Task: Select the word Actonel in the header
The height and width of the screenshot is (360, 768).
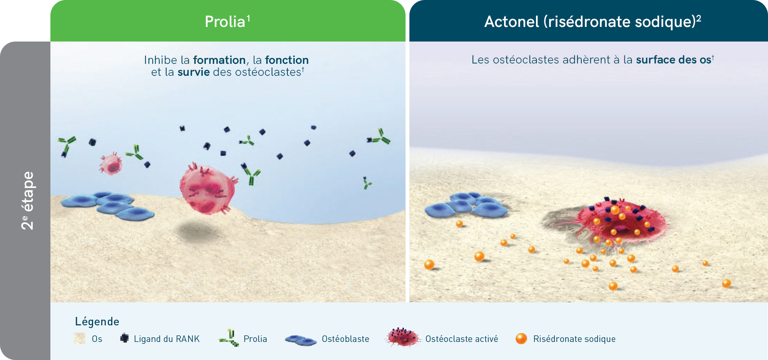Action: pyautogui.click(x=511, y=22)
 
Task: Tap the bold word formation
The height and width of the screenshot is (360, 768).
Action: pyautogui.click(x=219, y=60)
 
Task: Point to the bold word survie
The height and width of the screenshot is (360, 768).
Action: pyautogui.click(x=194, y=72)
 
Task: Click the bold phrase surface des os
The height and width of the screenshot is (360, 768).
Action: pyautogui.click(x=673, y=60)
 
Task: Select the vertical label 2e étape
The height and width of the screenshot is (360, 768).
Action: pyautogui.click(x=27, y=200)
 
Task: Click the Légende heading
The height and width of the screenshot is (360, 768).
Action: pyautogui.click(x=97, y=321)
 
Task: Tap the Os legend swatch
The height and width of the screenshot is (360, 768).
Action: pyautogui.click(x=80, y=338)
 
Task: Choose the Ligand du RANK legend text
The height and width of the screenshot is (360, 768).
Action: pyautogui.click(x=167, y=339)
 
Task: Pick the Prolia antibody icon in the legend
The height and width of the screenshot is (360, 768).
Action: pyautogui.click(x=229, y=338)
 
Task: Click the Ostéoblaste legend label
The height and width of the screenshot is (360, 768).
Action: pyautogui.click(x=346, y=339)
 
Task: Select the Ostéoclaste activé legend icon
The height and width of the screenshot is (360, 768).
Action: pyautogui.click(x=403, y=337)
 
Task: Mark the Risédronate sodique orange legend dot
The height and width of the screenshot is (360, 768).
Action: pyautogui.click(x=521, y=338)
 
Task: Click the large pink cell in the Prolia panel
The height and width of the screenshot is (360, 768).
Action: pyautogui.click(x=208, y=190)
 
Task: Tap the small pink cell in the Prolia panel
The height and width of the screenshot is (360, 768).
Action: pyautogui.click(x=111, y=164)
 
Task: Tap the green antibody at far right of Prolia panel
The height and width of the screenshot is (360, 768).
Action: pyautogui.click(x=379, y=137)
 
